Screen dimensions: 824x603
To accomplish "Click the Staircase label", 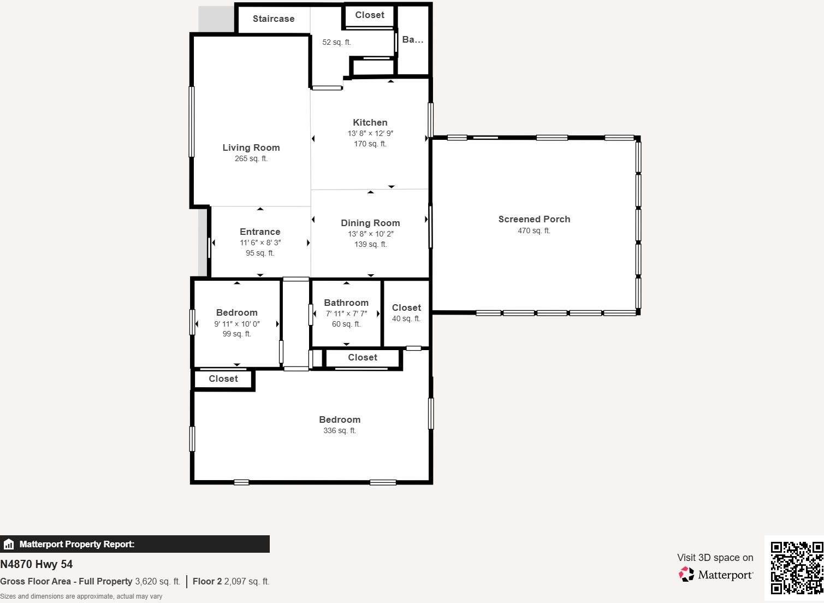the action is point(274,19).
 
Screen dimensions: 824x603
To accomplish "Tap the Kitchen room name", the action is point(370,122).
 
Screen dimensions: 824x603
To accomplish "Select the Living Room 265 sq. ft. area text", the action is point(251,158).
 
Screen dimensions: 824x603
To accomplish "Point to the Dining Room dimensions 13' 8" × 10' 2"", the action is point(371,234).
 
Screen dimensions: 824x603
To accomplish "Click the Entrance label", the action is point(260,232).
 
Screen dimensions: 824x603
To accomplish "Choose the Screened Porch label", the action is point(534,219).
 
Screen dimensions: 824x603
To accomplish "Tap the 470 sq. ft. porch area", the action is point(534,230).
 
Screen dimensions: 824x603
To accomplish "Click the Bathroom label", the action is point(346,303).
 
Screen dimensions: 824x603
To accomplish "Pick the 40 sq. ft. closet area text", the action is point(406,318).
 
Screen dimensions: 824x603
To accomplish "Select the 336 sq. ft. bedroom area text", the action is point(340,430).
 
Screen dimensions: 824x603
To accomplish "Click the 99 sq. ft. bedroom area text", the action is point(237,334).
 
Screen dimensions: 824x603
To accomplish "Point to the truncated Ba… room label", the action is point(413,40).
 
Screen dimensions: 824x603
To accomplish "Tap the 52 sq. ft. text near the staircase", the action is point(336,42).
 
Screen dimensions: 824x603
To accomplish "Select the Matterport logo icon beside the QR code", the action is point(686,574).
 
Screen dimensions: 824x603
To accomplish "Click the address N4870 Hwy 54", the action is point(37,564).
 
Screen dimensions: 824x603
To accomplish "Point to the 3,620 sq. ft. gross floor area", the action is point(157,581).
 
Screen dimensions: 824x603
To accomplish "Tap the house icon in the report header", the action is point(8,544).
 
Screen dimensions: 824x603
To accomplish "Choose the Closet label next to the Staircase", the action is point(370,15).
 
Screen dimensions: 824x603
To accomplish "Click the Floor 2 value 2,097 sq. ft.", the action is point(247,581).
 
